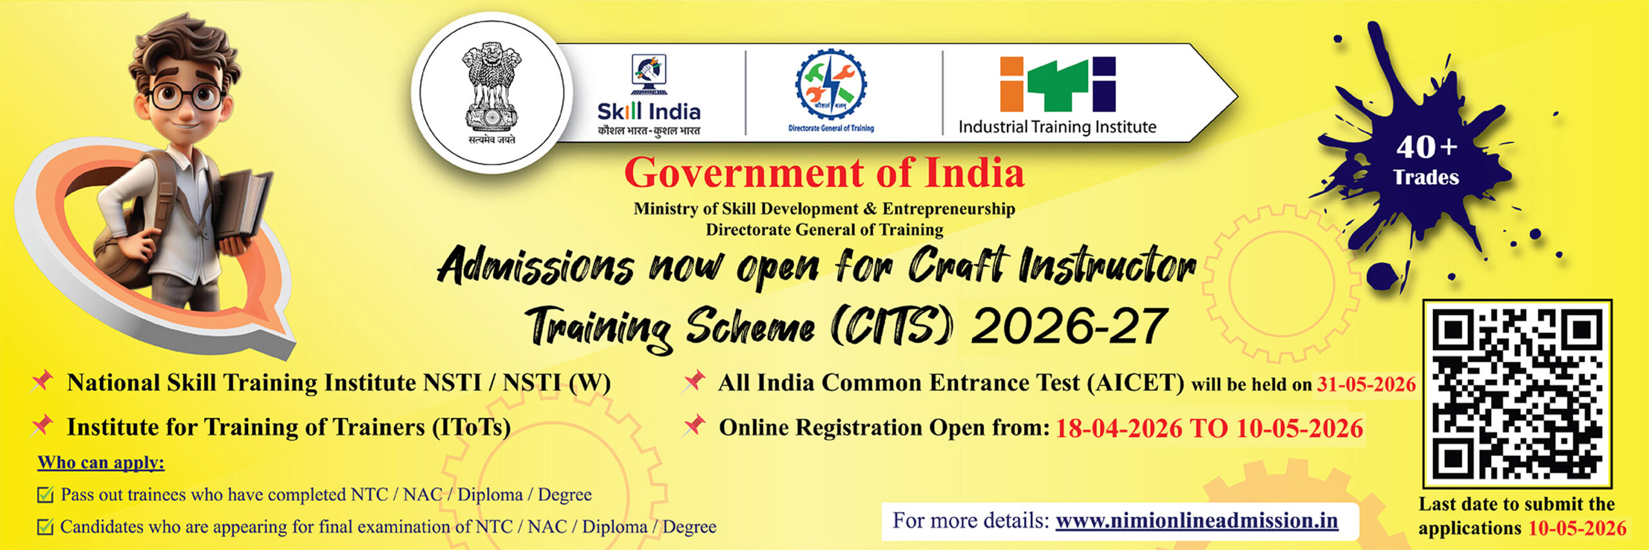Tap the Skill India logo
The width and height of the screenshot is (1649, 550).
pos(648,97)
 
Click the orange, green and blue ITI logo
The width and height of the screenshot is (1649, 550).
pos(1057,84)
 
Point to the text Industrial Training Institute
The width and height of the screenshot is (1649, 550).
pos(1057,127)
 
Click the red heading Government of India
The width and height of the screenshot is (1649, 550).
pos(824,173)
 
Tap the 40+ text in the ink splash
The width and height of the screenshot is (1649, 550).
pos(1426,147)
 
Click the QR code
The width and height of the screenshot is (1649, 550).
pos(1517,392)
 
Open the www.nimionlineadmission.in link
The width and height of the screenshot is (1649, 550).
pos(1196,520)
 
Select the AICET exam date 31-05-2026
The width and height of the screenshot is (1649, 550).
pos(1366,384)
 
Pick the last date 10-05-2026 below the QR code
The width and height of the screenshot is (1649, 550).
pos(1577,528)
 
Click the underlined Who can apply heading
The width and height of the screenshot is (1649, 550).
pos(101,462)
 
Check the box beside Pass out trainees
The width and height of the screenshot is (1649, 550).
pos(45,495)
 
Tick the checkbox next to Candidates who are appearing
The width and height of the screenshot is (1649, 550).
pos(45,527)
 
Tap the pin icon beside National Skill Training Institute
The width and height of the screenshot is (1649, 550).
pos(43,381)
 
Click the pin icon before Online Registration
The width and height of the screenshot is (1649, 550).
pos(694,425)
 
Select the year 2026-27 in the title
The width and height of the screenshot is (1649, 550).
pos(1069,326)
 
